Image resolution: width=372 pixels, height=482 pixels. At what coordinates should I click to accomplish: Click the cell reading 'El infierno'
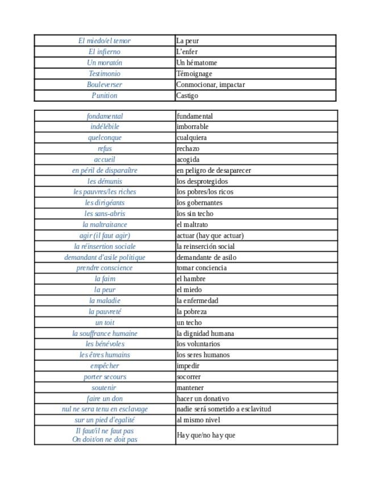coord(105,52)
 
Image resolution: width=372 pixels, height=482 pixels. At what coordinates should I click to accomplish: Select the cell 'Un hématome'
coord(197,63)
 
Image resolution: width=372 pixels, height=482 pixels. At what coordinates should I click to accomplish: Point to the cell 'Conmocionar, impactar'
coord(210,85)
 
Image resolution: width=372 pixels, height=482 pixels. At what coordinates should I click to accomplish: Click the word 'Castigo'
coord(187,95)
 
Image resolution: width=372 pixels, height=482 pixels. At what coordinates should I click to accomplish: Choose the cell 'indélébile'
coord(105,127)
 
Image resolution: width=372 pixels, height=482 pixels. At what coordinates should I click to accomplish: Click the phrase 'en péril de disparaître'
coord(105,170)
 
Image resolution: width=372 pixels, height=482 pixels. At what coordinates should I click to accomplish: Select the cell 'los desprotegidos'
coord(202,181)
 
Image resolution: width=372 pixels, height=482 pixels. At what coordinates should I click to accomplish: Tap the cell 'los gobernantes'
coord(199,202)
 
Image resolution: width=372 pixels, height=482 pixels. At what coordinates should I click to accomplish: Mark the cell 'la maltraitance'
coord(105,225)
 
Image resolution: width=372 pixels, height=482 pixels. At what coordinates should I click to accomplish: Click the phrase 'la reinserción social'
coord(206,247)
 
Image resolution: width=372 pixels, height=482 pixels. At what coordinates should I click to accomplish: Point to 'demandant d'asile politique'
coord(105,257)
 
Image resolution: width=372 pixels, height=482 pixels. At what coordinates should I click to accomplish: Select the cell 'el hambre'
coord(191,279)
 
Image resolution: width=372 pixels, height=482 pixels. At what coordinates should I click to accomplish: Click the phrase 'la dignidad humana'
coord(205,334)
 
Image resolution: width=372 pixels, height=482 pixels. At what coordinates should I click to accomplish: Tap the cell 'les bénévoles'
coord(105,344)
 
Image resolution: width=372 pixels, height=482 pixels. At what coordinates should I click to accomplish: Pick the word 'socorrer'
coord(189,377)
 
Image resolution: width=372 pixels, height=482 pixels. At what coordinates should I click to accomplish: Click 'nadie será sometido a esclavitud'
coord(224,409)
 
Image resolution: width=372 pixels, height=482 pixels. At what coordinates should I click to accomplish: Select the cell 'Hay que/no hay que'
coord(206,435)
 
